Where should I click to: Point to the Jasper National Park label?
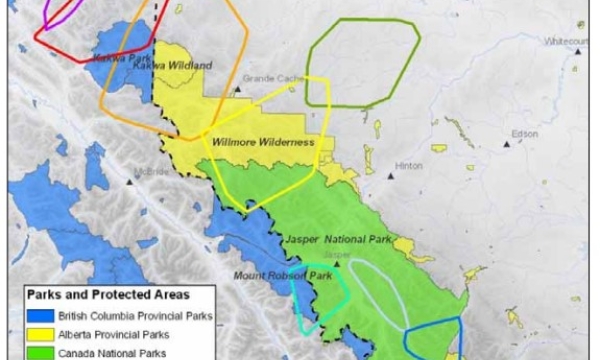pos(324,241)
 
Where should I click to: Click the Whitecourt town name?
pos(566,41)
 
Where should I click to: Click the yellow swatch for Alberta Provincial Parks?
pos(38,334)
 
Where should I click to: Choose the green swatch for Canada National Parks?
pos(38,352)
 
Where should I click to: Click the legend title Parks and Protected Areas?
pos(107,295)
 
